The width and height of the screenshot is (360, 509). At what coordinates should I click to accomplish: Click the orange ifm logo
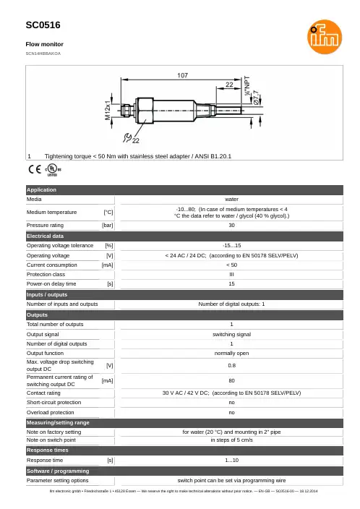click(325, 37)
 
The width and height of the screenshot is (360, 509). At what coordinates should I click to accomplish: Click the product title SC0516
click(43, 25)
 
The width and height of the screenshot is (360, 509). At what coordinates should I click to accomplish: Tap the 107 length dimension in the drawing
click(182, 75)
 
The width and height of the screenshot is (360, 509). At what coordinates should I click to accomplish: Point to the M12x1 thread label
click(108, 111)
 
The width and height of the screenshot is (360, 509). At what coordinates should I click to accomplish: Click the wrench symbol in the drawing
click(127, 137)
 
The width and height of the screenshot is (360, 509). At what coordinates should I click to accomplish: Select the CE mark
click(35, 169)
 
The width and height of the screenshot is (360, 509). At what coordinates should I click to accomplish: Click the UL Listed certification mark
click(53, 169)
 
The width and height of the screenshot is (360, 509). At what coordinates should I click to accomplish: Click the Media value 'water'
click(231, 200)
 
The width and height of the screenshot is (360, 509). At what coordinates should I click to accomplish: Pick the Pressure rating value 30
click(231, 226)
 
